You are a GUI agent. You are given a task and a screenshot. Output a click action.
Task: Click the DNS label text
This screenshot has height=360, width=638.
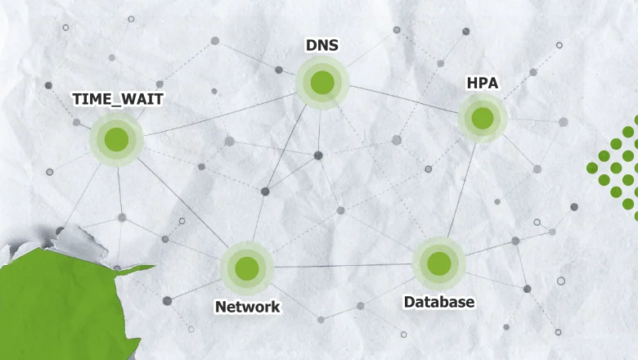(x=321, y=45)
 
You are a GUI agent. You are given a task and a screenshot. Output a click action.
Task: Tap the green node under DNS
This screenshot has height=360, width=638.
(x=322, y=83)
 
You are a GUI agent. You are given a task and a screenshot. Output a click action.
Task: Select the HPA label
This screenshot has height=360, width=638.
(x=482, y=83)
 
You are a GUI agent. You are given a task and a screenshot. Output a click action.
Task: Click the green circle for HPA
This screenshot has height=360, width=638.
(x=483, y=118)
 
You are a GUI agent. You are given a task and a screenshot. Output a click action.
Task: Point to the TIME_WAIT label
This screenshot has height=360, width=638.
(x=118, y=99)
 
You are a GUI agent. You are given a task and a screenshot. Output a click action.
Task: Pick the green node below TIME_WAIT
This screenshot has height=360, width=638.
(x=116, y=140)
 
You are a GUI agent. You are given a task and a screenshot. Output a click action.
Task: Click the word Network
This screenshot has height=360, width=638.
(x=247, y=307)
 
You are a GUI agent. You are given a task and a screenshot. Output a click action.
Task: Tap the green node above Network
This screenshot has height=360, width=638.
(x=247, y=268)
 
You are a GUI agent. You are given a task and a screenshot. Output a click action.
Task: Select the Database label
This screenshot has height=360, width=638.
(x=439, y=302)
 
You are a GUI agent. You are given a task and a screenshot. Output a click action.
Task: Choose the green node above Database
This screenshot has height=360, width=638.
(x=439, y=263)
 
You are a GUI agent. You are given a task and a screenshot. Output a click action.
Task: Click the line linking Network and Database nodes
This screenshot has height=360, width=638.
(x=343, y=266)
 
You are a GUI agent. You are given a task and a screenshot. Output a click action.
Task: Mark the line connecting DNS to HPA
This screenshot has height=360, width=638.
(x=403, y=99)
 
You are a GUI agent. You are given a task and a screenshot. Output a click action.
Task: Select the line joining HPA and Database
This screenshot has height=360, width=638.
(x=461, y=190)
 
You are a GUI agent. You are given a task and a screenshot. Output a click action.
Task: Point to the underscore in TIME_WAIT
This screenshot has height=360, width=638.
(x=116, y=106)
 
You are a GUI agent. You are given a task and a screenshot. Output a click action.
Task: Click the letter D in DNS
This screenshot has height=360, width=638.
(x=311, y=45)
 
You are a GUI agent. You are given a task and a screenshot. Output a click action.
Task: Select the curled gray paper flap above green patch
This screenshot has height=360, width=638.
(x=78, y=242)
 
